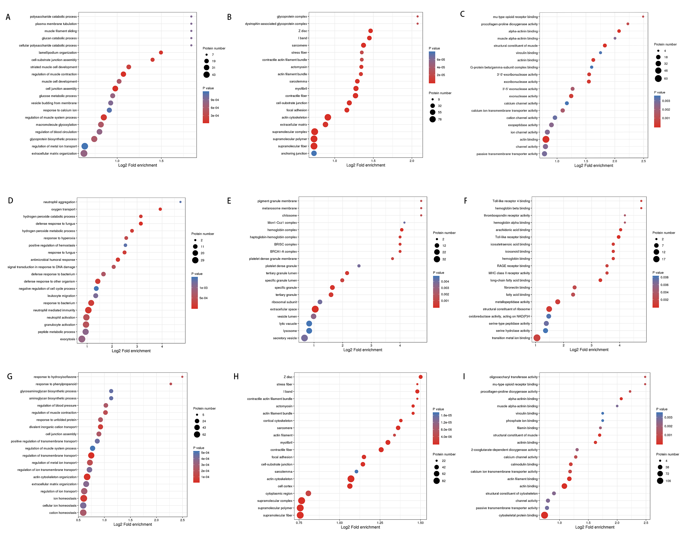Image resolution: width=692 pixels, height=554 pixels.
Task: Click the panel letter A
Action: [x=8, y=17]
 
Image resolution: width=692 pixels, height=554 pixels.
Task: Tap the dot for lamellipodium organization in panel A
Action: [x=161, y=53]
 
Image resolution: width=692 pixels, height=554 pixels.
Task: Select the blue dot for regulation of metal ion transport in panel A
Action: [x=85, y=146]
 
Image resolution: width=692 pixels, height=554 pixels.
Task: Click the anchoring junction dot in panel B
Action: [x=314, y=154]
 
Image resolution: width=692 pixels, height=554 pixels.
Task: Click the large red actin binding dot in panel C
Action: [x=546, y=139]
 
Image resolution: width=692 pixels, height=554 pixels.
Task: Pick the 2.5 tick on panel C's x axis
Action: [x=644, y=161]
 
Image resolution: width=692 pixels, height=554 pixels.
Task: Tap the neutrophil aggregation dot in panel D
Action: [x=180, y=202]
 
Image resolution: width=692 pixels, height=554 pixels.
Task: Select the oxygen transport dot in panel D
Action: [x=160, y=209]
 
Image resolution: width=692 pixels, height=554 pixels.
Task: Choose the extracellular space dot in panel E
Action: [x=315, y=309]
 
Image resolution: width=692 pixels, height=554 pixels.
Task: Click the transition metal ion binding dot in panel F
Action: [x=537, y=338]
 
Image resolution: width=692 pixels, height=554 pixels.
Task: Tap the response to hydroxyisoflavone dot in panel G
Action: [x=182, y=377]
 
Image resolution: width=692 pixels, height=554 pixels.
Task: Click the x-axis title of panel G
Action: [x=133, y=524]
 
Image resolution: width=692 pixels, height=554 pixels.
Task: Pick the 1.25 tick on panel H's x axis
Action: [x=380, y=523]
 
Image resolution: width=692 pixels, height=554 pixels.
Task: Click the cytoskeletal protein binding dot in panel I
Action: [x=544, y=515]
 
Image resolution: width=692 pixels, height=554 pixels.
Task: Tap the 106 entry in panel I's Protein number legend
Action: [x=668, y=481]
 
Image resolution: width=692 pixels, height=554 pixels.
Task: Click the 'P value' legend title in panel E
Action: [x=438, y=273]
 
